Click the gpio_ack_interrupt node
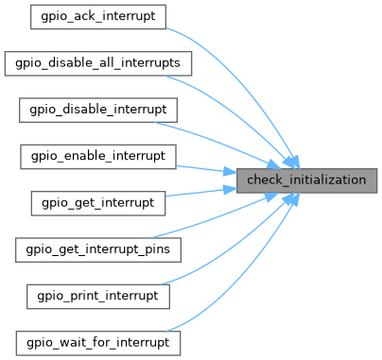tap(98, 17)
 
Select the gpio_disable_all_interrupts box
tap(98, 63)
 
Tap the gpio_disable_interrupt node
tap(98, 110)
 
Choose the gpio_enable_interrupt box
tap(98, 155)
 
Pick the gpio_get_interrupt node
tap(98, 201)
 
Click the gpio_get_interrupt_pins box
tap(98, 249)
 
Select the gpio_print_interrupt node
tap(98, 295)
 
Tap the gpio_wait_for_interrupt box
tap(98, 340)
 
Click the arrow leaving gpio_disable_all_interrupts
tap(236, 99)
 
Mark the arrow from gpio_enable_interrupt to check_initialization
tap(203, 167)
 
